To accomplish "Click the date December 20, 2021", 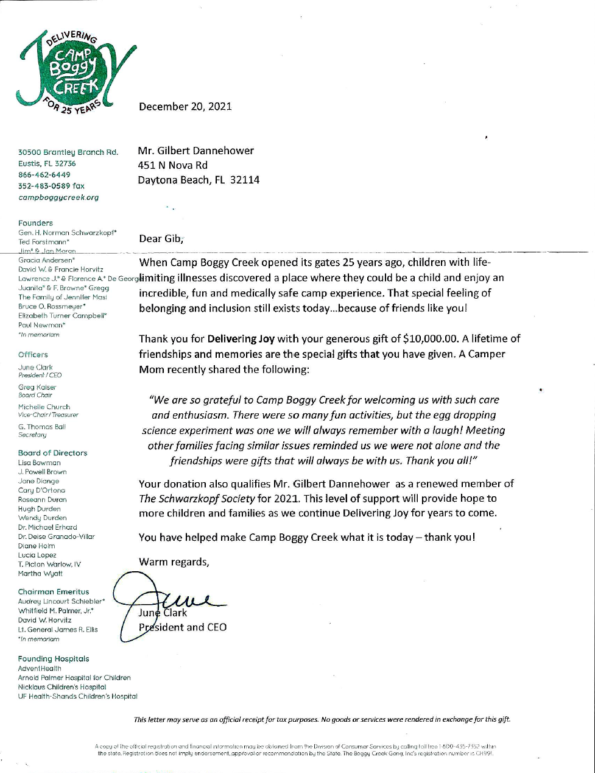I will click(x=185, y=107).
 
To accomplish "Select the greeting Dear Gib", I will click(x=161, y=238).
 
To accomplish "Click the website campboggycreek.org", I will click(x=58, y=198).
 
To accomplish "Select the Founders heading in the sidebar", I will click(x=35, y=223).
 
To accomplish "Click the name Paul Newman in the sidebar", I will click(x=38, y=326).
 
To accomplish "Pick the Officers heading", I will click(x=33, y=355).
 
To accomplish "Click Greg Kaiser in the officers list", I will click(x=37, y=387).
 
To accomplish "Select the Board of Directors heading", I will click(x=52, y=453).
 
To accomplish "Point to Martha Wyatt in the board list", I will click(x=40, y=574).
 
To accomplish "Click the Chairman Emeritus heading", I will click(x=54, y=592).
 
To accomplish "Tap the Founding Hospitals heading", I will click(x=54, y=659).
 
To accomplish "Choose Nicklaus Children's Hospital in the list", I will click(x=62, y=687).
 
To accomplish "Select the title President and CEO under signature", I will click(x=183, y=627).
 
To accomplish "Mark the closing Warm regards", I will click(x=174, y=562).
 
